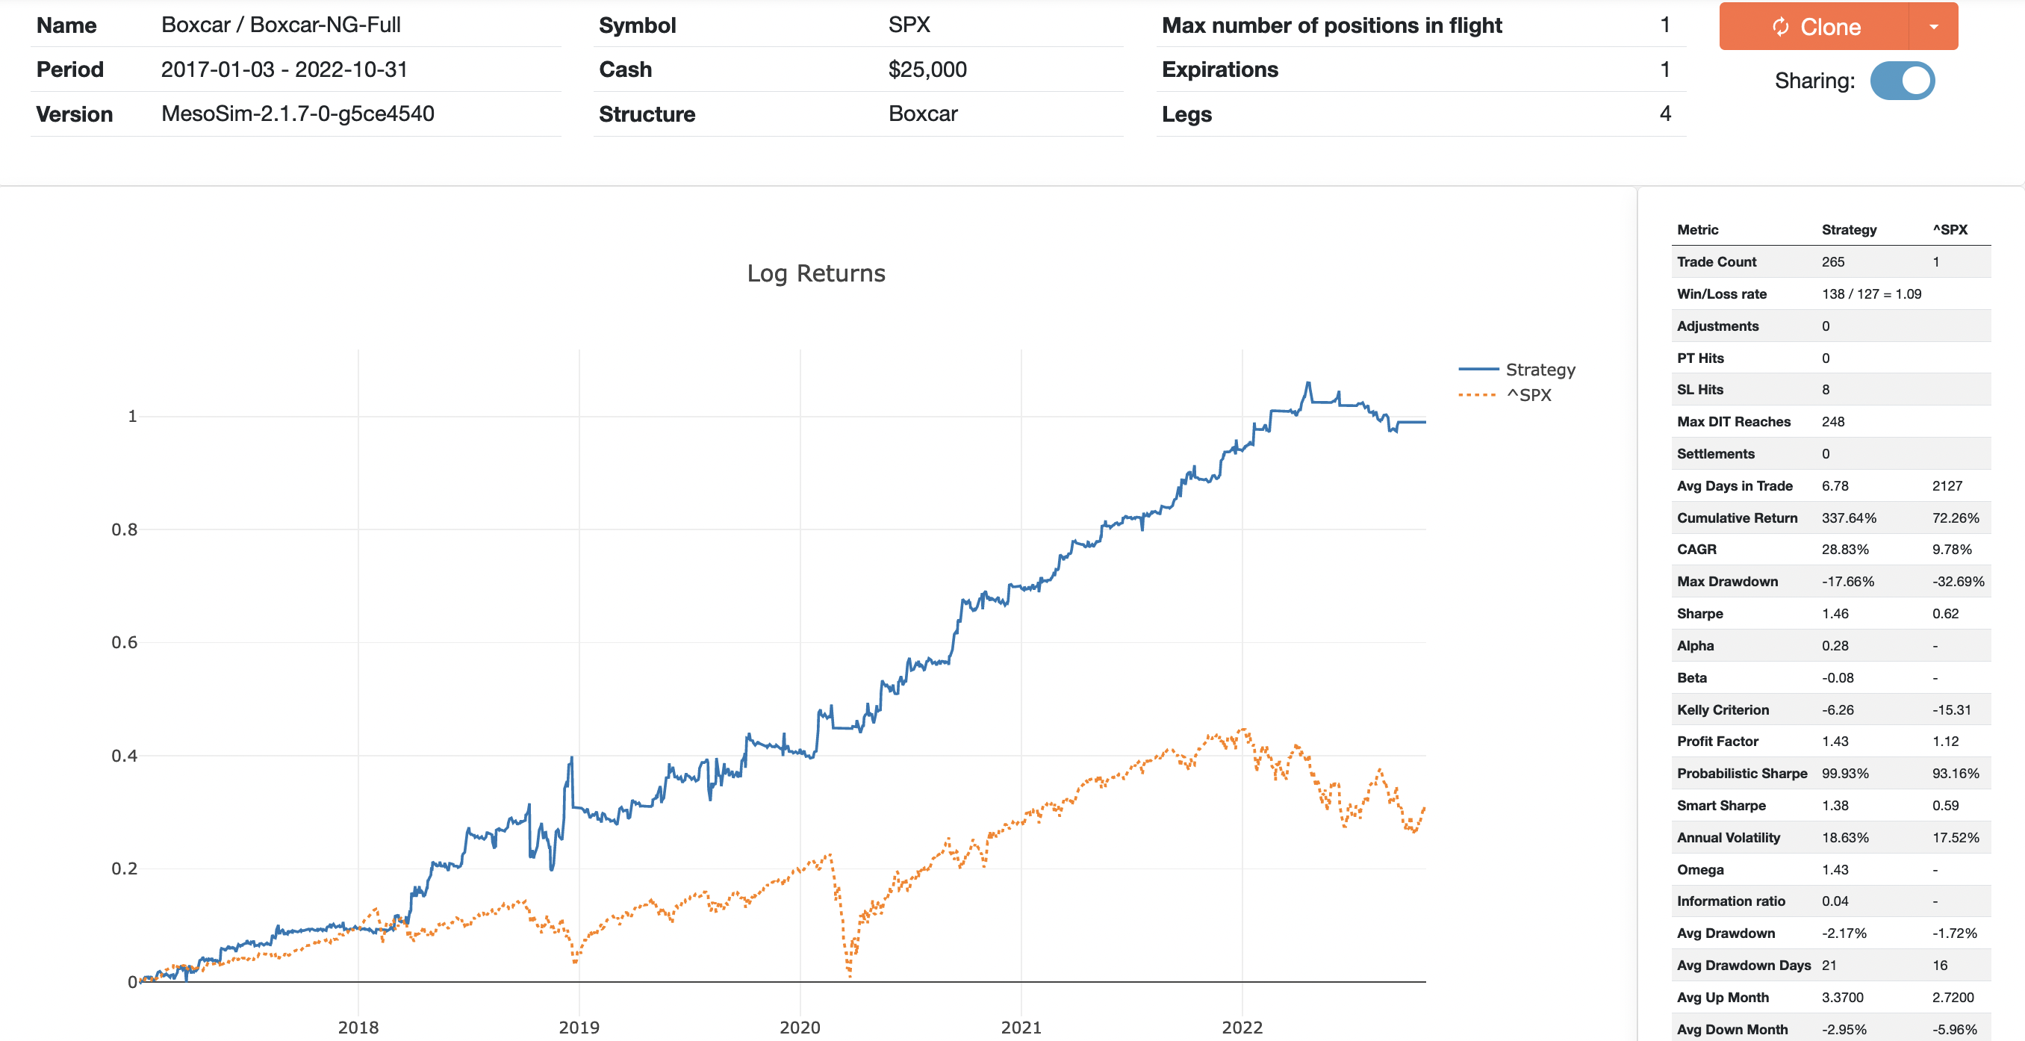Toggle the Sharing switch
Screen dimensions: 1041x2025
coord(1902,81)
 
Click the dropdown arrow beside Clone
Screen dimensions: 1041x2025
coord(1933,27)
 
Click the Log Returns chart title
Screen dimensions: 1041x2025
coord(815,273)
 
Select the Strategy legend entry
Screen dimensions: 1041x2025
coord(1539,370)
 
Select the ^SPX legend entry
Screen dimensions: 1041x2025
coord(1528,395)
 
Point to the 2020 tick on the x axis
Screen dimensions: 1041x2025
coord(800,1027)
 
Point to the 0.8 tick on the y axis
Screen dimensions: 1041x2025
coord(124,530)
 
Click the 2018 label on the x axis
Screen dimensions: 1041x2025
coord(358,1027)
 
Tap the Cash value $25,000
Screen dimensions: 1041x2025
coord(927,69)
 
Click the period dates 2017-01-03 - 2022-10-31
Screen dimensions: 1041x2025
coord(284,69)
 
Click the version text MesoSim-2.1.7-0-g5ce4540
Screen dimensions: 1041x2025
coord(297,114)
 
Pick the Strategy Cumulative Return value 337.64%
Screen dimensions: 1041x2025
coord(1848,518)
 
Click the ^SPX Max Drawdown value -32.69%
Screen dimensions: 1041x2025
coord(1957,582)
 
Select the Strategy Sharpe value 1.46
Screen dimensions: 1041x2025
coord(1835,614)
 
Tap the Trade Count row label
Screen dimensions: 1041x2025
coord(1716,262)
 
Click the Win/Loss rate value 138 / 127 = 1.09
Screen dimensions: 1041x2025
coord(1871,294)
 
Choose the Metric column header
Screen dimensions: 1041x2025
coord(1697,229)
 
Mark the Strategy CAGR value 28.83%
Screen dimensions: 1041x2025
coord(1844,550)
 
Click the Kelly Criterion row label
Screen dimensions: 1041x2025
coord(1723,710)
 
